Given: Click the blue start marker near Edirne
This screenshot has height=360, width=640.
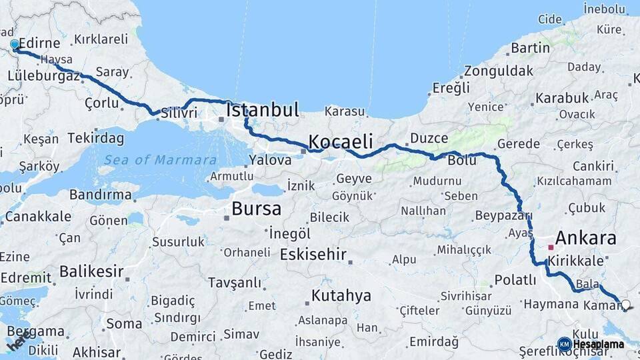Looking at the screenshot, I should click(15, 45).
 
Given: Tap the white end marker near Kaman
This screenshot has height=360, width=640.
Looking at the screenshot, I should click(625, 305).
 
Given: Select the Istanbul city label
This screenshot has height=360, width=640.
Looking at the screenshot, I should click(263, 111).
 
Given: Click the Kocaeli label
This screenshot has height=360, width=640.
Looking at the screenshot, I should click(340, 142).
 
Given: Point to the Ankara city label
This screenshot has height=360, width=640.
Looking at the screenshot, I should click(585, 238).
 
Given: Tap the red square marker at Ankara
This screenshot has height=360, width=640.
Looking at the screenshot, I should click(551, 247).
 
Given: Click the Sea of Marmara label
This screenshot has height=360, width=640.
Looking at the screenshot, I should click(160, 160).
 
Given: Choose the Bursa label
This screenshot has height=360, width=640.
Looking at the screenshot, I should click(256, 209).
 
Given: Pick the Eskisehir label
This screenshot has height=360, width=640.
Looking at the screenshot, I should click(313, 254).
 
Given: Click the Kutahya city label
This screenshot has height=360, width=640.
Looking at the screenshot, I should click(341, 296).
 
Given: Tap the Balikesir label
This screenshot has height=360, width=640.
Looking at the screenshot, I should click(91, 271).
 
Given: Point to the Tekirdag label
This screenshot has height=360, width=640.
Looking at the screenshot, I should click(95, 139).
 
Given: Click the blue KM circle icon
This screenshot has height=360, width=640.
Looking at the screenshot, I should click(564, 344).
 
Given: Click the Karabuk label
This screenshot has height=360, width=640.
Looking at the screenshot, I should click(562, 98).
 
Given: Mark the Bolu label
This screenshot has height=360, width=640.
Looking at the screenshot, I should click(463, 161).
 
